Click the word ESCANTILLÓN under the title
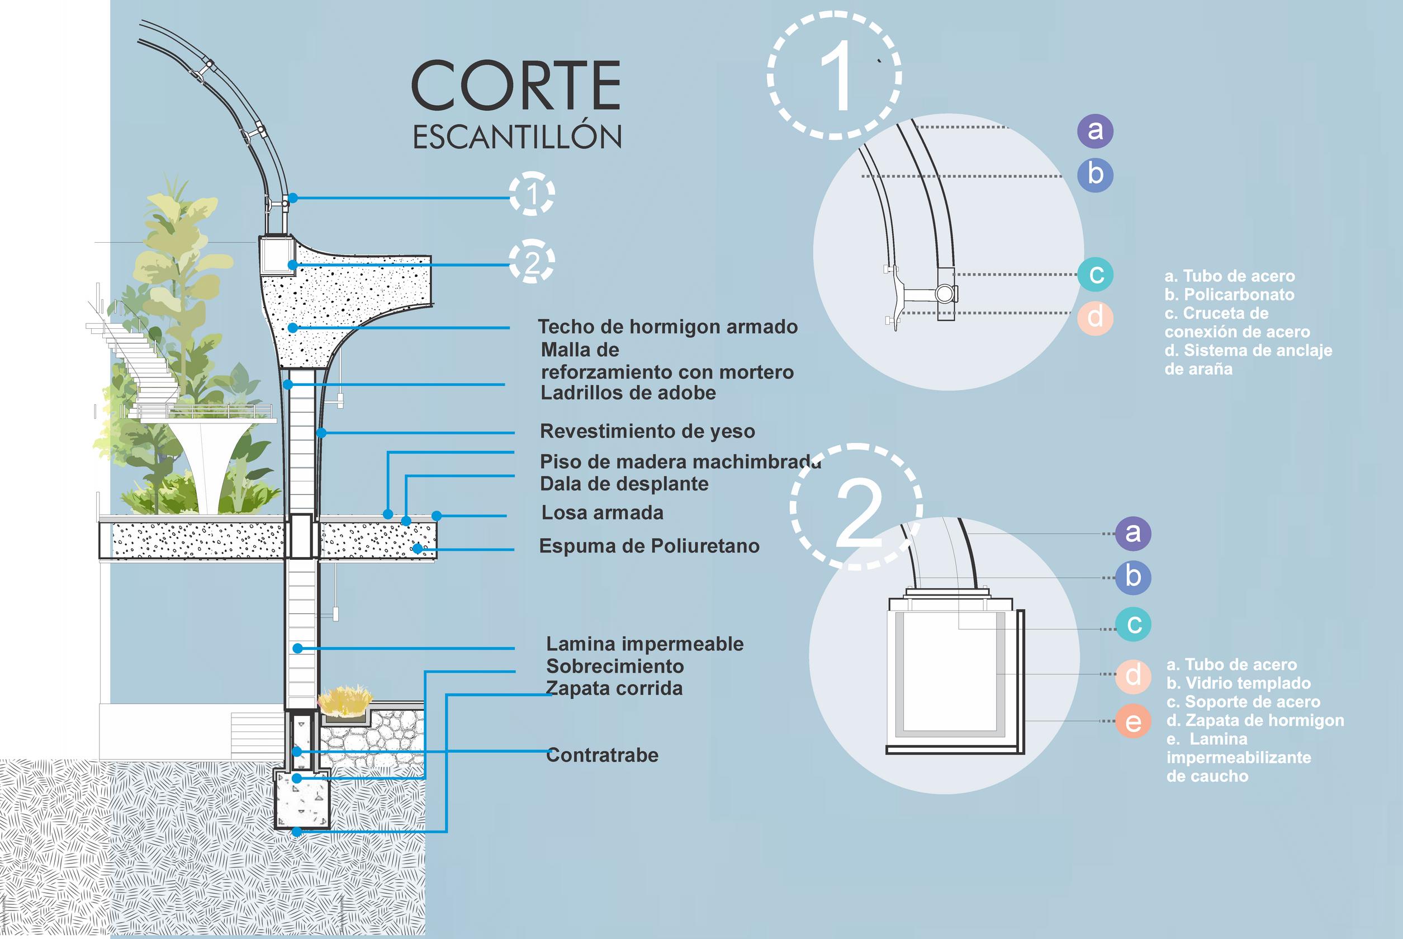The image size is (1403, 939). pos(517,137)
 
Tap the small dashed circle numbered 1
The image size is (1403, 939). pos(532,194)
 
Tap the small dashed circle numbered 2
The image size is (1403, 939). pos(532,262)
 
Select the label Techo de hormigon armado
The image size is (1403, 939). pos(667,327)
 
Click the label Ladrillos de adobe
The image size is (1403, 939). pos(628,394)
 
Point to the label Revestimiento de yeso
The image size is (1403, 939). pos(647,431)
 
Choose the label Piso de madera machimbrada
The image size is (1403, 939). pos(680,462)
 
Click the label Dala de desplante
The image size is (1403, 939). pos(624,484)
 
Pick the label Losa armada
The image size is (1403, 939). pos(602,513)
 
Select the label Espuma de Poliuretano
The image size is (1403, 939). pos(649,546)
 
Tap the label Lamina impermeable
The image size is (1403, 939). pos(644,644)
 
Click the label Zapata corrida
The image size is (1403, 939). pos(615,688)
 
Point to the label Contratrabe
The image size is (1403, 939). pos(602,755)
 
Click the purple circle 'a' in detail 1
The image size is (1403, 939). pos(1095,130)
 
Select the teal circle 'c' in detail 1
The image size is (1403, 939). pos(1096,275)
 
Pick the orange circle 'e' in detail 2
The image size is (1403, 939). pos(1132,721)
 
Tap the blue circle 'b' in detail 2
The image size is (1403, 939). pos(1132,577)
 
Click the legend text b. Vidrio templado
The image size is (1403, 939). pos(1239,683)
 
